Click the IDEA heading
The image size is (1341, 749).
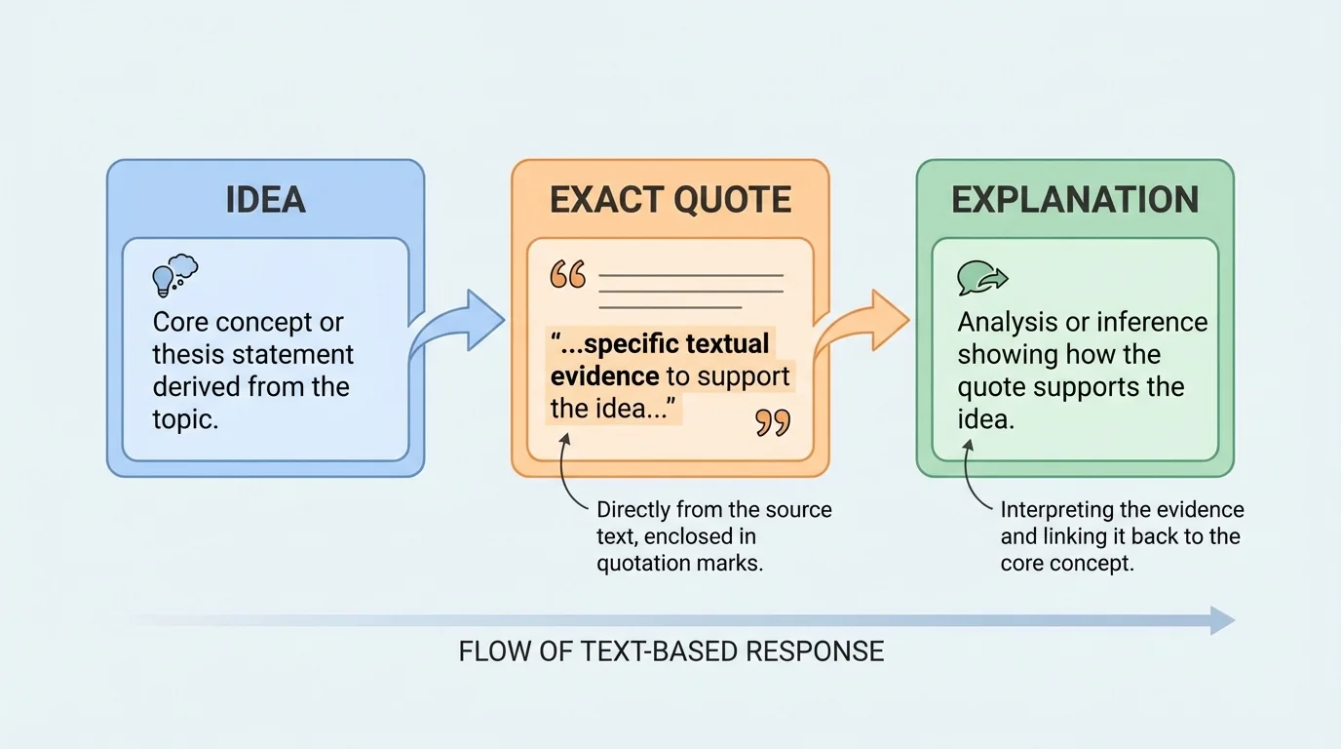click(265, 200)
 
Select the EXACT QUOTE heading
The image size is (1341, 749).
click(670, 200)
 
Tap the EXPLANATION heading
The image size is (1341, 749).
click(1075, 200)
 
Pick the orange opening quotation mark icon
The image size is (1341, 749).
click(568, 275)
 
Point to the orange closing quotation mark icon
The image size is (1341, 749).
click(773, 422)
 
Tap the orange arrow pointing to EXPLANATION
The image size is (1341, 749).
click(862, 325)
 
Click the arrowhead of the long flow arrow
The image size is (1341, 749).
click(1222, 620)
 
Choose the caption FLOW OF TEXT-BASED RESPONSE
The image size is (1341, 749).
click(670, 651)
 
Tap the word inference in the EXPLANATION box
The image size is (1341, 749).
click(1153, 323)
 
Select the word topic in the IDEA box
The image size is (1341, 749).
click(184, 418)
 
